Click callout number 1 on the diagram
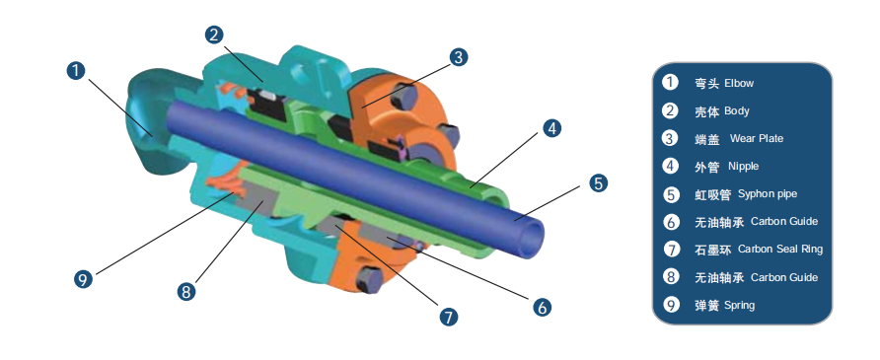click(x=76, y=71)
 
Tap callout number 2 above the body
click(x=214, y=35)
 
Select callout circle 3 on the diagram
click(x=459, y=56)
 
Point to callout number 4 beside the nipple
click(x=552, y=128)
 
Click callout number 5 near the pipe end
click(x=598, y=182)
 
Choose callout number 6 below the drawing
click(x=542, y=307)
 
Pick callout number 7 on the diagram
click(x=448, y=317)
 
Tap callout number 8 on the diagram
click(x=186, y=292)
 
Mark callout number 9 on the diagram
click(x=84, y=280)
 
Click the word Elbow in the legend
click(x=739, y=83)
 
